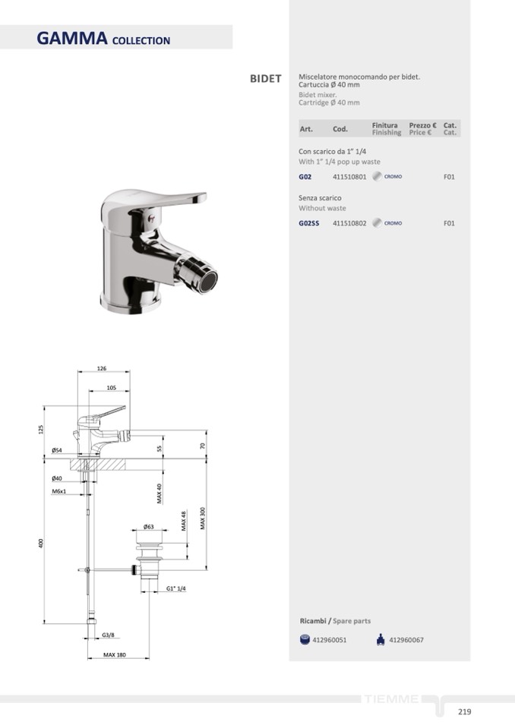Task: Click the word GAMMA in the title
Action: point(72,38)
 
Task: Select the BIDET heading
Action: point(266,78)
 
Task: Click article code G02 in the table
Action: point(305,177)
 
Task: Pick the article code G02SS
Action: point(309,223)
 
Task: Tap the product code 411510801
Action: point(349,177)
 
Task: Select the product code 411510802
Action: point(349,223)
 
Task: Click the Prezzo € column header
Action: point(422,125)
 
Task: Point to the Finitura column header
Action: point(384,125)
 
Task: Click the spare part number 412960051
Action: point(329,640)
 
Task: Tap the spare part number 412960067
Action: point(406,640)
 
